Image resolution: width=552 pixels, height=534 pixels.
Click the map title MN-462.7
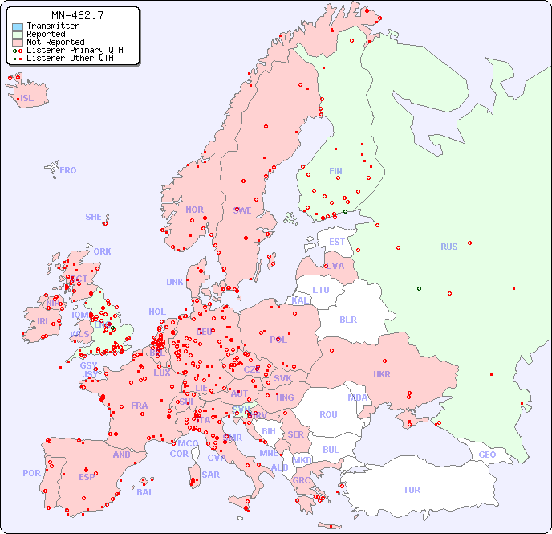point(77,15)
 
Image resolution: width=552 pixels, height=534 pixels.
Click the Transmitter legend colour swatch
point(18,26)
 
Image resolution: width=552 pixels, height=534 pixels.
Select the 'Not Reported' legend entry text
point(55,43)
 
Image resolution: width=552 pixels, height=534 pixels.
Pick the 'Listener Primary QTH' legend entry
point(75,50)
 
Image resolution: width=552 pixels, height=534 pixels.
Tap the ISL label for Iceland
point(27,99)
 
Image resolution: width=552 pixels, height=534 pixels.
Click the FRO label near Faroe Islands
point(68,170)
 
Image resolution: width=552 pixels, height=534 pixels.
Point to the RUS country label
point(448,247)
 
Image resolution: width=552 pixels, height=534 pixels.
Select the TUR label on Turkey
point(412,490)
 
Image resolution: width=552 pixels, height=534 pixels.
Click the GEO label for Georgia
point(487,455)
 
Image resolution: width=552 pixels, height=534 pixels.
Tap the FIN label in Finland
point(335,171)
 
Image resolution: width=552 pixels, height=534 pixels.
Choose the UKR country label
point(382,374)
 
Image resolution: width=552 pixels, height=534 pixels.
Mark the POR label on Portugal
point(31,473)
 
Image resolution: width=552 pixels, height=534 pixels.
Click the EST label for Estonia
point(337,242)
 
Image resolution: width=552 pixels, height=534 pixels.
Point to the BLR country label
point(348,320)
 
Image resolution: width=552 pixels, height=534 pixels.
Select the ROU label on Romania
point(328,414)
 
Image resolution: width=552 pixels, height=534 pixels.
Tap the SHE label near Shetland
point(94,217)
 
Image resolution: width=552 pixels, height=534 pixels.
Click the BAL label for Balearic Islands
point(145,492)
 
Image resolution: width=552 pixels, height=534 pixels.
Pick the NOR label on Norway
point(194,210)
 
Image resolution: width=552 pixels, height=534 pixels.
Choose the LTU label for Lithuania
point(321,290)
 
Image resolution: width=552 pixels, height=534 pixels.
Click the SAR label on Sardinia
point(211,475)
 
